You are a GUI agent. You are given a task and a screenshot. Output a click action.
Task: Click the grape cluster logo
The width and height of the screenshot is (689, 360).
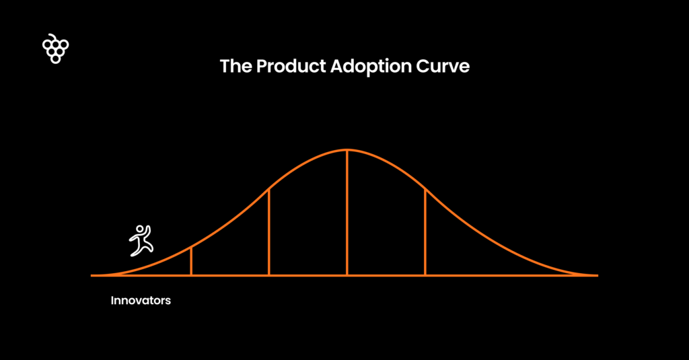[x=55, y=49]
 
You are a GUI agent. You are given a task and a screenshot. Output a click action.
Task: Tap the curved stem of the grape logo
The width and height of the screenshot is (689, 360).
[x=52, y=36]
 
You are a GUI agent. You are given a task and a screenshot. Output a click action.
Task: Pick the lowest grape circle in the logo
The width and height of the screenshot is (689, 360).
[x=55, y=59]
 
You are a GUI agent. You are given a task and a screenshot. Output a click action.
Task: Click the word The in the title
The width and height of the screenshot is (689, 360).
[x=236, y=67]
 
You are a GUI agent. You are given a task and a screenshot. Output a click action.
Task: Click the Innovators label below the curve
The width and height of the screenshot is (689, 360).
[x=141, y=301]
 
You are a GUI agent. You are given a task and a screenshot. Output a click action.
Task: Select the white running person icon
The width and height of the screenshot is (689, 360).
[x=141, y=240]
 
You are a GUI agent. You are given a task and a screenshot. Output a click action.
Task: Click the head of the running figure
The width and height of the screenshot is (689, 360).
[x=139, y=229]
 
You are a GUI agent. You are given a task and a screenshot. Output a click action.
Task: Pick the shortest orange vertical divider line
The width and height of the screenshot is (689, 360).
[x=191, y=261]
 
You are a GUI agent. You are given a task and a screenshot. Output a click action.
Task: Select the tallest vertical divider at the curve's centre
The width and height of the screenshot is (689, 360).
[x=347, y=213]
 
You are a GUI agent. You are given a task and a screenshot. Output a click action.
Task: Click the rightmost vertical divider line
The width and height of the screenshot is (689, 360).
[x=425, y=232]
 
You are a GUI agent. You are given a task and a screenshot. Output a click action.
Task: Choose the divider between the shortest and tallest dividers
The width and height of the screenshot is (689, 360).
[x=269, y=232]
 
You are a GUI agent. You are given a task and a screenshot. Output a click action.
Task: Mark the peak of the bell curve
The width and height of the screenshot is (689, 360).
[x=347, y=150]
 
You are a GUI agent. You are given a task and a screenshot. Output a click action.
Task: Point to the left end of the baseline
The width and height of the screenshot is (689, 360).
[x=92, y=276]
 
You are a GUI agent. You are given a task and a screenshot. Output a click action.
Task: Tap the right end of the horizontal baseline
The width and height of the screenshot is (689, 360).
[x=597, y=276]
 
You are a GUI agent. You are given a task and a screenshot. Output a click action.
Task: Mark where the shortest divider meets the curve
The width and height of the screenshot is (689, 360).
[x=191, y=248]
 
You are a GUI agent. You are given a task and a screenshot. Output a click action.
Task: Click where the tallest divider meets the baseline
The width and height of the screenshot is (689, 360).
[x=347, y=276]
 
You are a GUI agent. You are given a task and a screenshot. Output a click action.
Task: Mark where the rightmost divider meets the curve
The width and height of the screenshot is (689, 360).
[x=425, y=189]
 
